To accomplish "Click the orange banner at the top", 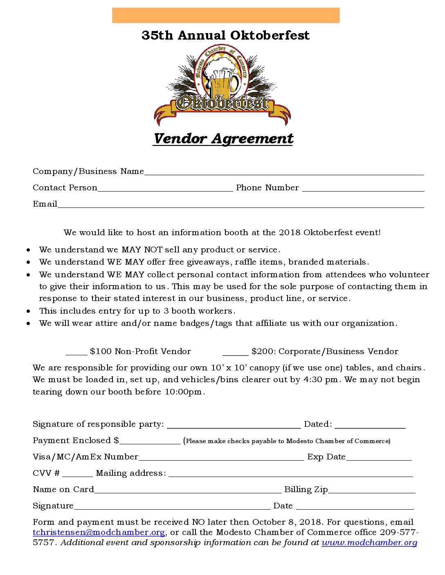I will pos(226,15).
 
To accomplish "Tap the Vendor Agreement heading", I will pos(223,139).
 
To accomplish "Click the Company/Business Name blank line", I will pos(284,172).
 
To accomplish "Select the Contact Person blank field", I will pos(165,188).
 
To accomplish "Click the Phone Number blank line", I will pos(363,188).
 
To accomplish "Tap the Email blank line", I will pos(240,205).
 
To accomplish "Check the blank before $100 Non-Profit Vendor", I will pos(76,352).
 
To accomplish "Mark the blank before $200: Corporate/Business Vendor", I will pos(235,352).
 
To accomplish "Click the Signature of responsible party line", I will pos(234,425).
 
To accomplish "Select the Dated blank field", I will pos(370,425).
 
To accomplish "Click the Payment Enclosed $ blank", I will pos(150,441).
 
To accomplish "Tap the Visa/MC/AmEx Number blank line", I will pos(221,457).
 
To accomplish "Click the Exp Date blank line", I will pos(379,457).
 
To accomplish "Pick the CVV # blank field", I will pos(78,474).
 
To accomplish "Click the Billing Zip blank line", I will pos(371,490).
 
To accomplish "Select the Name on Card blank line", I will pos(188,490).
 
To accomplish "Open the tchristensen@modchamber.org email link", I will pos(99,533).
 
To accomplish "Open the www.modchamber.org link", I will pos(369,543).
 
